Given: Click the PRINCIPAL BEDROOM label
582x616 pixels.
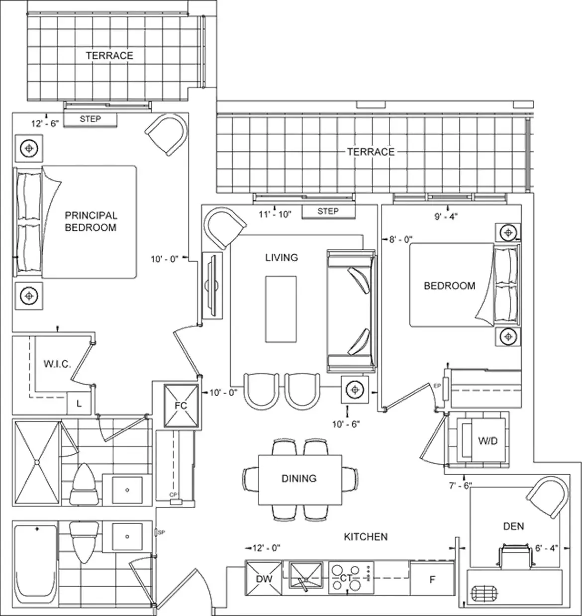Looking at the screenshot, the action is [91, 221].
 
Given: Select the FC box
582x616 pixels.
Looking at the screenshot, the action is [181, 406].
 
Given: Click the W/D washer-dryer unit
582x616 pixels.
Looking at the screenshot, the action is [483, 440].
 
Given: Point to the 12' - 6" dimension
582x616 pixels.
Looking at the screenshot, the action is [45, 123].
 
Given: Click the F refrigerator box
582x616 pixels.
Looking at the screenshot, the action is [432, 579].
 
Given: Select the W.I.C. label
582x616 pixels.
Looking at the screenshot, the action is [57, 364].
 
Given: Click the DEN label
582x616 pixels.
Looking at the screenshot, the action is [514, 526].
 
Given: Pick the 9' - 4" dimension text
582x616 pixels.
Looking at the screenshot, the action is [446, 216].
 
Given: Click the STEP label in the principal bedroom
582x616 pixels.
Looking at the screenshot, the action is [90, 119].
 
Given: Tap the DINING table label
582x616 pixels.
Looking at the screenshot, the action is [299, 478].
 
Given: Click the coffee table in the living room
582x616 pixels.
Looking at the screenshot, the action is [281, 309].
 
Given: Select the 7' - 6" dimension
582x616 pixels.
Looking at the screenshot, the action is [460, 486].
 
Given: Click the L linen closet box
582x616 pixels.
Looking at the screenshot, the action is [79, 404].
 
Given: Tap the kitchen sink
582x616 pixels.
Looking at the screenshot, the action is [306, 576].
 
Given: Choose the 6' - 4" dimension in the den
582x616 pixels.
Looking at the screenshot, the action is [547, 548].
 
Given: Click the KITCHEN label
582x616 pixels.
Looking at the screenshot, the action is [366, 536].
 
